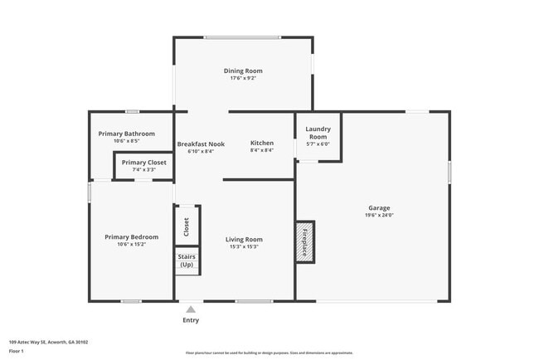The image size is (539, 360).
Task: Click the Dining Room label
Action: (243, 71)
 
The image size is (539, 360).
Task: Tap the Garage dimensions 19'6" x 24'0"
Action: (379, 216)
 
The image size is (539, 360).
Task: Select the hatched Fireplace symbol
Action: (304, 241)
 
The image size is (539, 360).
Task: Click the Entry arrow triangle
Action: (191, 310)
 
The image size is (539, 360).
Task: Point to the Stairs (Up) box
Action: (187, 260)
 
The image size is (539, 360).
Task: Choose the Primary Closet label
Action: (143, 163)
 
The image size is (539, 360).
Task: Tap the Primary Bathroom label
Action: (126, 134)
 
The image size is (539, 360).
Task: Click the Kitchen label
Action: (262, 144)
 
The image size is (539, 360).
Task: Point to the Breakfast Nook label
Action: (201, 144)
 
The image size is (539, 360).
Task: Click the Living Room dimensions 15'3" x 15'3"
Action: (244, 247)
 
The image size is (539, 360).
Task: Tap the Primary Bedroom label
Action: (131, 237)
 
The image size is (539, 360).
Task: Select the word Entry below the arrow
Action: (191, 320)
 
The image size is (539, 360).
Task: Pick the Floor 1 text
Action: (17, 351)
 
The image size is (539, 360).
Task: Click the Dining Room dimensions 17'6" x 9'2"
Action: (243, 79)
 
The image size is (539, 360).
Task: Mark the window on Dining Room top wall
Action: (242, 37)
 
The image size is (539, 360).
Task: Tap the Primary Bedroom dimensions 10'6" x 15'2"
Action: (131, 245)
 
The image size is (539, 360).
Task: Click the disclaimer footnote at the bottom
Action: (269, 353)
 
